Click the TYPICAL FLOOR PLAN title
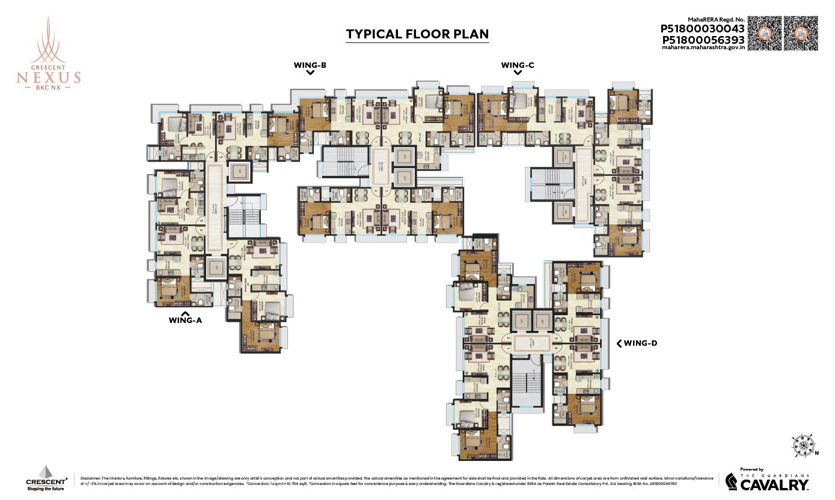click(x=417, y=34)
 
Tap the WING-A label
click(x=185, y=321)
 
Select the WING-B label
click(x=310, y=65)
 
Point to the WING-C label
click(x=518, y=65)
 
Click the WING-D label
click(x=641, y=343)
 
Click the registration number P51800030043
click(x=703, y=29)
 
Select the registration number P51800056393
click(x=703, y=40)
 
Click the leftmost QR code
click(x=765, y=33)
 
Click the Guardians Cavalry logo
click(x=766, y=480)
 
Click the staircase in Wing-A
click(x=245, y=217)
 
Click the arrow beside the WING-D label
click(x=619, y=343)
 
